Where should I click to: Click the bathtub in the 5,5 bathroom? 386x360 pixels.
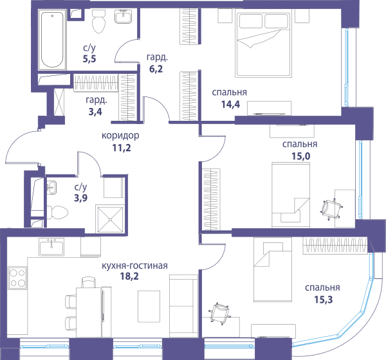52,40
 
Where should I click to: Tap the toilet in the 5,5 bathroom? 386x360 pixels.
98,21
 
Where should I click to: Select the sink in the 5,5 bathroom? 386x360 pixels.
123,17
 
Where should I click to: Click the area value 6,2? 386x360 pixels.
156,69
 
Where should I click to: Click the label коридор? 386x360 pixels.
120,136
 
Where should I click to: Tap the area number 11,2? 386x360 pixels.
122,148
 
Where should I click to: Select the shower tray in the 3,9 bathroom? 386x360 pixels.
110,219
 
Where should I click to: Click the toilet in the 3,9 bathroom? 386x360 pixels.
57,213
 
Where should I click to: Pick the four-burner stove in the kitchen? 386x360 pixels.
17,278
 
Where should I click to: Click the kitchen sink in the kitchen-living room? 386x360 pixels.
51,247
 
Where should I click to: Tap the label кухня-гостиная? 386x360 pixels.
134,265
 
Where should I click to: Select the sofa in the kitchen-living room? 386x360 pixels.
183,306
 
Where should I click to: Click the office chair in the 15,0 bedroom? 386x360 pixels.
331,210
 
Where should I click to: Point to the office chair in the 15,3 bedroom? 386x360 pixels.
220,313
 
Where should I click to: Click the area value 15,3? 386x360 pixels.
323,300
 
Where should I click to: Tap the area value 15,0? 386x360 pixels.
301,156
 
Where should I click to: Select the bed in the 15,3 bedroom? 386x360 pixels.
273,269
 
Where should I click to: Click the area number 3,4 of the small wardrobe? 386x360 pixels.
95,112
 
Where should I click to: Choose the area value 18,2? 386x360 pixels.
129,276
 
